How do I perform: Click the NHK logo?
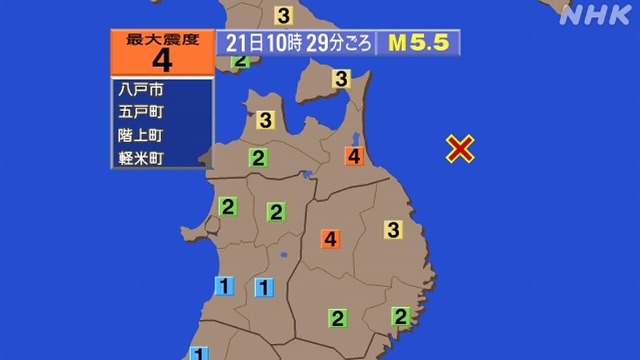595,15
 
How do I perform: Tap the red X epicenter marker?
460,149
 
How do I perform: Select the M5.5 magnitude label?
419,43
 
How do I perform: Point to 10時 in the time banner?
284,44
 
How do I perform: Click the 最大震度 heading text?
162,40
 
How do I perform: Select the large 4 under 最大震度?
162,61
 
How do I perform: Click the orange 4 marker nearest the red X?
354,156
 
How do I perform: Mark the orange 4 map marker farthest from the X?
330,239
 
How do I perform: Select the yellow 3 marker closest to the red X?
393,230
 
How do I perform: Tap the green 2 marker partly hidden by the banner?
240,62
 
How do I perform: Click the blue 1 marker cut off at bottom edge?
199,353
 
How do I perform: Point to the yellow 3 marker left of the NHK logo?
283,16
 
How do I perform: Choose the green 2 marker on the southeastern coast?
401,316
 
